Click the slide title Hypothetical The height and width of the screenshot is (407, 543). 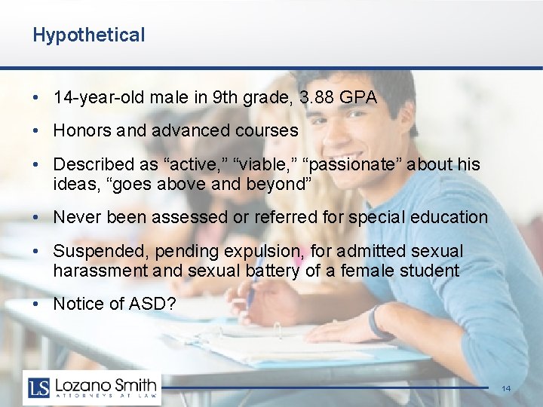[88, 35]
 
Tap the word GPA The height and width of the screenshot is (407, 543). [358, 97]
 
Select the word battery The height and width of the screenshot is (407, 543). [273, 270]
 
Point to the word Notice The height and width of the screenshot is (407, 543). [78, 304]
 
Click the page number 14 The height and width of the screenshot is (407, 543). [506, 388]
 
